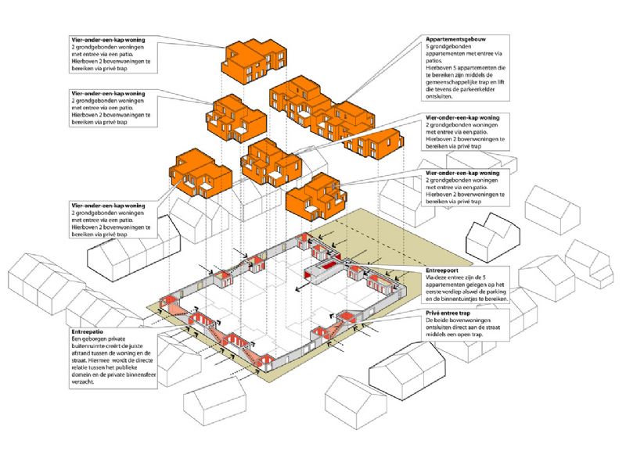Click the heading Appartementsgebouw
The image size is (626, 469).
point(453,38)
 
